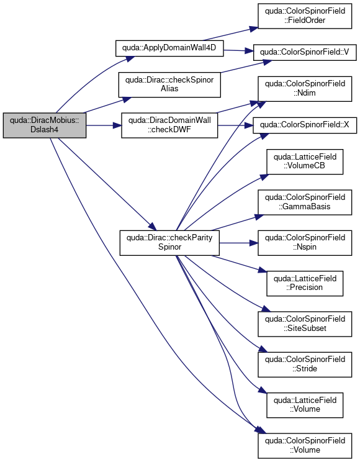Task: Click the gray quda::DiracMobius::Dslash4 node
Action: point(45,125)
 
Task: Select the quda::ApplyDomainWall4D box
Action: point(169,48)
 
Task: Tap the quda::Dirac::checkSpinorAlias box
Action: point(169,84)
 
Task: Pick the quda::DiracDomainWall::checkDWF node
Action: point(169,125)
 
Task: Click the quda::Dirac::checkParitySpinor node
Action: point(169,243)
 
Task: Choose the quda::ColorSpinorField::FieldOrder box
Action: point(305,16)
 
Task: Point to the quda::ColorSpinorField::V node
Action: point(305,52)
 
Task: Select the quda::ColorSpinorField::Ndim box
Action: point(305,89)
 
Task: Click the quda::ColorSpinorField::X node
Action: point(305,125)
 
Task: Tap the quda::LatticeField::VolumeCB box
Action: point(305,161)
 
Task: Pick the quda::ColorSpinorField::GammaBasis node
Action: point(305,202)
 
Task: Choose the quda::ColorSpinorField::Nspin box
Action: point(305,243)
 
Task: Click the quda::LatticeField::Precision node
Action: point(305,283)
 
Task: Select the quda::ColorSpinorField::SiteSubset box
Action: point(305,324)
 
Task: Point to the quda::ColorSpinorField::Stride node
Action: point(305,365)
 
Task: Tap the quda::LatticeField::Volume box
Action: point(305,405)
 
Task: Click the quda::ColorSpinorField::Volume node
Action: point(305,445)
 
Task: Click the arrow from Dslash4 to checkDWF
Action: point(104,125)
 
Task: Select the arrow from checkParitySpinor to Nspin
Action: point(238,243)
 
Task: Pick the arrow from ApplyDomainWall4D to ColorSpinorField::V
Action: point(238,51)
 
